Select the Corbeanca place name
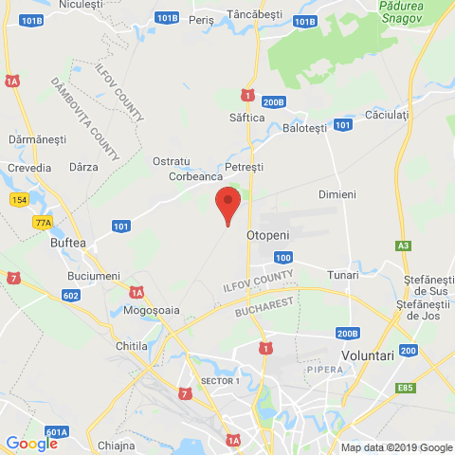195,176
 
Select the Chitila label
130,346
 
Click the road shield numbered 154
20,200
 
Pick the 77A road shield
43,223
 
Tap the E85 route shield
407,387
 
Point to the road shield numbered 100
282,258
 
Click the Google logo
31,443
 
